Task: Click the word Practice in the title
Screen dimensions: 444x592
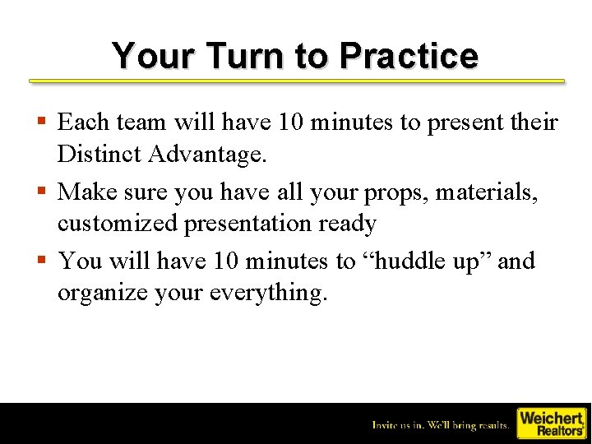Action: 408,56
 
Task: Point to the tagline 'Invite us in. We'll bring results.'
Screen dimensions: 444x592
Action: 441,424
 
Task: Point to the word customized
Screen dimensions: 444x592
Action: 116,224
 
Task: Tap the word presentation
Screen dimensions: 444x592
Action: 249,224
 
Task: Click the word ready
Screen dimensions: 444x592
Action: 349,224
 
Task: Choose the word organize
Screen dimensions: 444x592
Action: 102,294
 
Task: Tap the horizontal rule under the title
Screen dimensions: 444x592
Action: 297,81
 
